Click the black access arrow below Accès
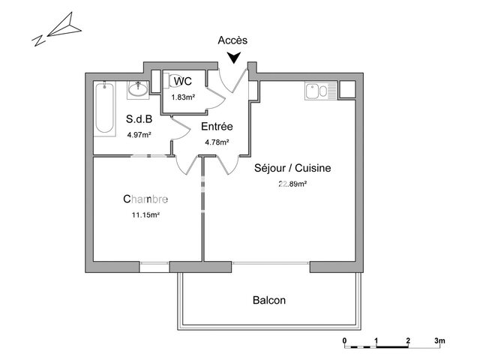coord(234,58)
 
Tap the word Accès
coord(232,40)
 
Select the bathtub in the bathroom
coord(104,108)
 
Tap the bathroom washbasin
coord(138,90)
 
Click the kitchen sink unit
coord(320,91)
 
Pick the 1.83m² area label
coord(183,97)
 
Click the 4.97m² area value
coord(139,135)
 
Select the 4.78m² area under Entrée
coord(217,142)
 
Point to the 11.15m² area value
coord(145,214)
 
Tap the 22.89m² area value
coord(292,184)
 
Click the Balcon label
coord(269,300)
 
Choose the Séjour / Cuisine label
coord(292,168)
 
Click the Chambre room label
coord(145,199)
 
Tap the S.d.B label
coord(139,118)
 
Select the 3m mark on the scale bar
coord(439,340)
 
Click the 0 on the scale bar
coord(345,340)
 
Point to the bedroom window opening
coord(154,267)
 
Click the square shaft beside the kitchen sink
coord(347,89)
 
